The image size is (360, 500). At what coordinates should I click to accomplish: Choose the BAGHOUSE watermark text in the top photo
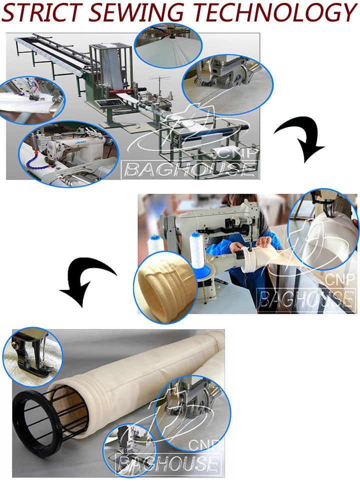click(191, 170)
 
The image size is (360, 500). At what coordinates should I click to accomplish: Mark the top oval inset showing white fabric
click(168, 45)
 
